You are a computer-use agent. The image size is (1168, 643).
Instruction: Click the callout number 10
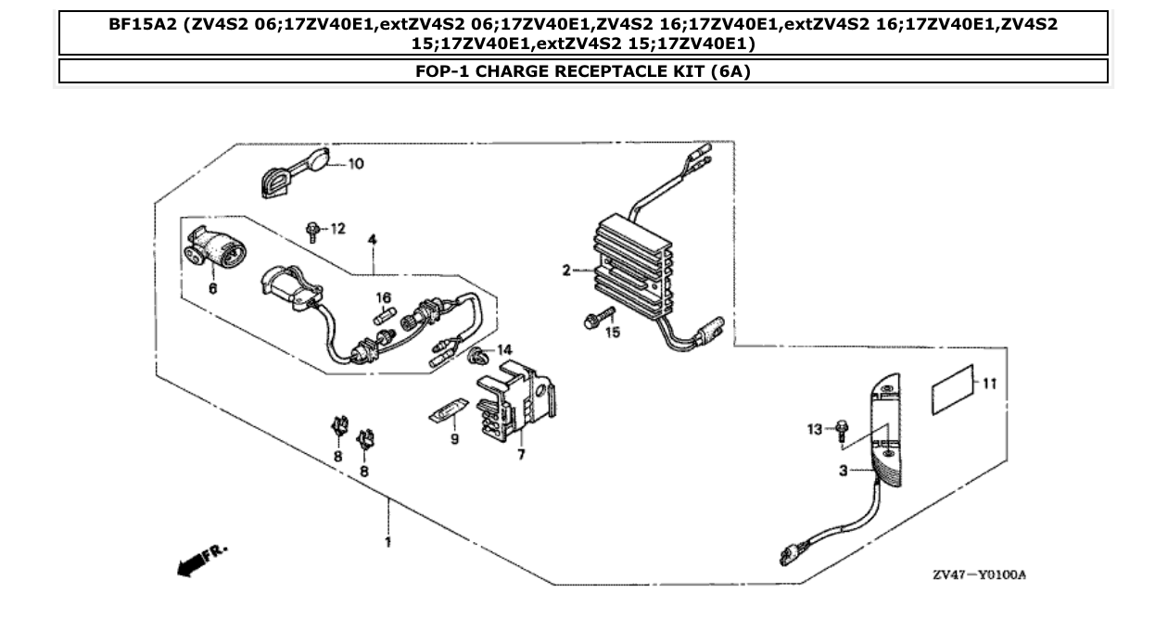click(x=356, y=164)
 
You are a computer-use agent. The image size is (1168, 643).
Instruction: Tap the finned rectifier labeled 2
click(x=633, y=271)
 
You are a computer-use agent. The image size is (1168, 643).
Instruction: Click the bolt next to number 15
click(x=592, y=321)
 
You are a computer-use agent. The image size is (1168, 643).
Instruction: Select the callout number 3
click(x=844, y=471)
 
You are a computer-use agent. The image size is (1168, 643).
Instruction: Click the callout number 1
click(x=387, y=542)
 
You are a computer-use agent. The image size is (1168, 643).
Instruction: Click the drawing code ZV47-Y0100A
click(x=979, y=575)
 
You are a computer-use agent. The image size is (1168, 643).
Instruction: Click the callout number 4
click(x=372, y=240)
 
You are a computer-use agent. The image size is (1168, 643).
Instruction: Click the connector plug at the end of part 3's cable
click(x=788, y=556)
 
